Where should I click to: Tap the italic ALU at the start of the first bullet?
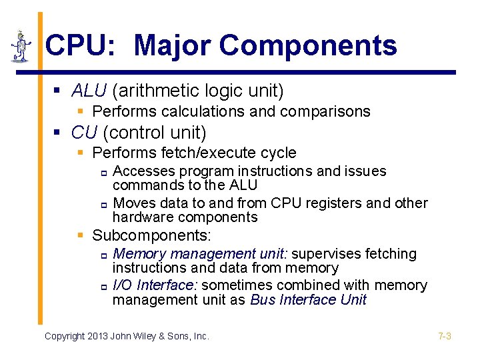click(85, 90)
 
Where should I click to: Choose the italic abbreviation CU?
click(84, 132)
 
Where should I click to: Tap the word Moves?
click(135, 203)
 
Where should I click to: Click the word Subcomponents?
click(151, 235)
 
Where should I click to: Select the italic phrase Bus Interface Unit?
click(308, 300)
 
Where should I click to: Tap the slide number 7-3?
click(445, 336)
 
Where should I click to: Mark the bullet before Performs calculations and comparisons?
click(80, 111)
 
